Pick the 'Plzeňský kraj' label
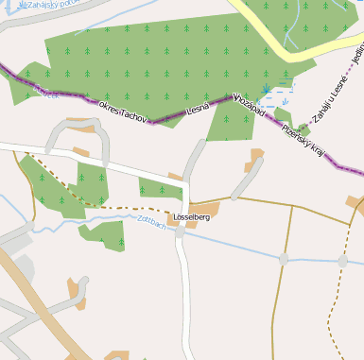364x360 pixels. [x=303, y=143]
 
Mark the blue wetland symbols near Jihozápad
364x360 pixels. [x=277, y=94]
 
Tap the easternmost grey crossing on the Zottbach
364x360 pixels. [x=342, y=260]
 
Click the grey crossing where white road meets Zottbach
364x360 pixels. [x=180, y=231]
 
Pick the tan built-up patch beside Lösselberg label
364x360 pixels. [x=203, y=210]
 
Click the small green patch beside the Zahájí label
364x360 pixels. [x=302, y=127]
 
